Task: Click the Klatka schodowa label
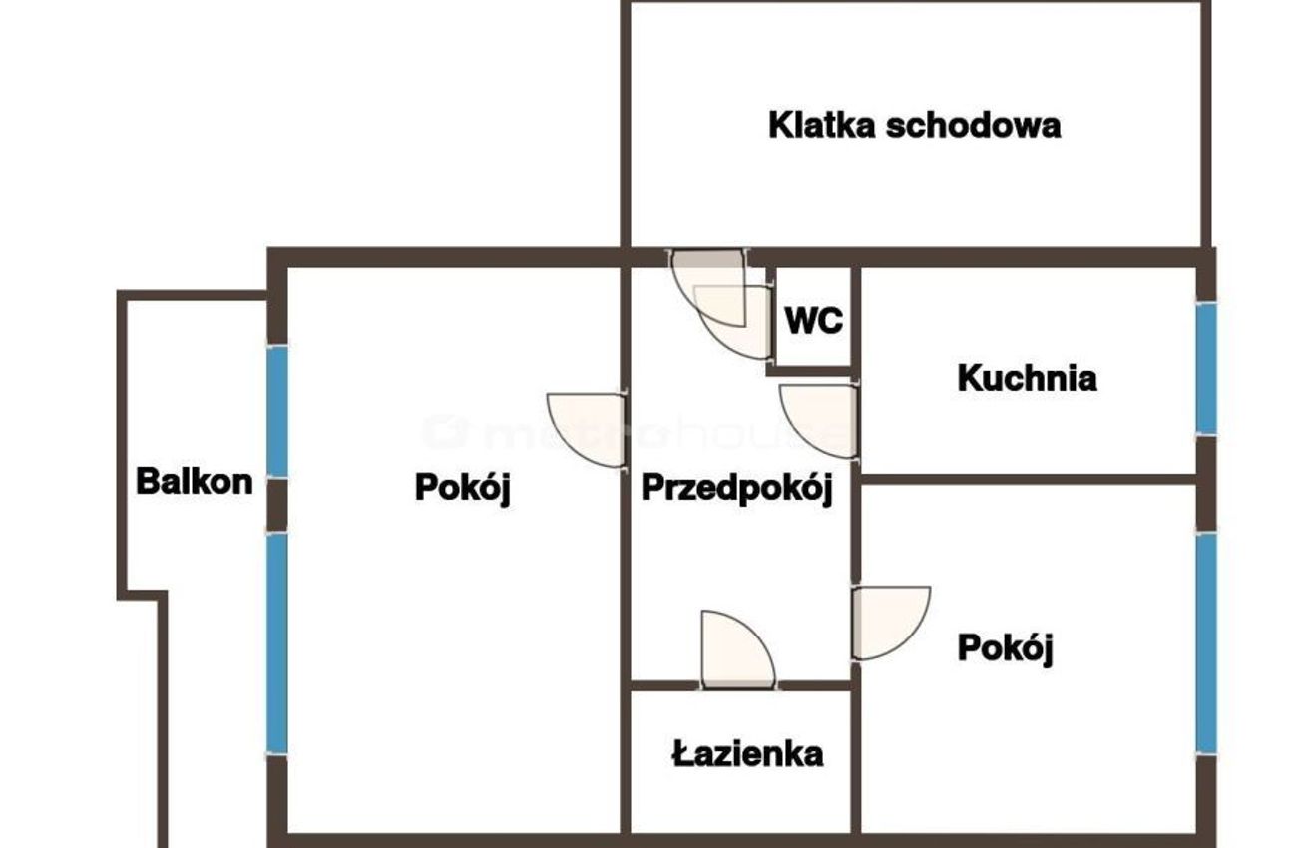(914, 125)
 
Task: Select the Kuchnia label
(1028, 378)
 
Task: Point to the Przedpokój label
(737, 489)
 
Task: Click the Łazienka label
(747, 754)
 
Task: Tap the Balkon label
(195, 482)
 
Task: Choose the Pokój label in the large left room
(463, 488)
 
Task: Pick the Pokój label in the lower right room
(1006, 648)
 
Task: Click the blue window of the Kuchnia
(1206, 369)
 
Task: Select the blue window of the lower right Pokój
(1206, 643)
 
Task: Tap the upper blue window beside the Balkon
(277, 412)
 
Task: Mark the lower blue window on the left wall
(277, 643)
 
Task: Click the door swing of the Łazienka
(738, 649)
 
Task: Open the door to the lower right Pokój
(891, 623)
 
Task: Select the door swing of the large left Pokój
(587, 430)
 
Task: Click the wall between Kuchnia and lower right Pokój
(1029, 479)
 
